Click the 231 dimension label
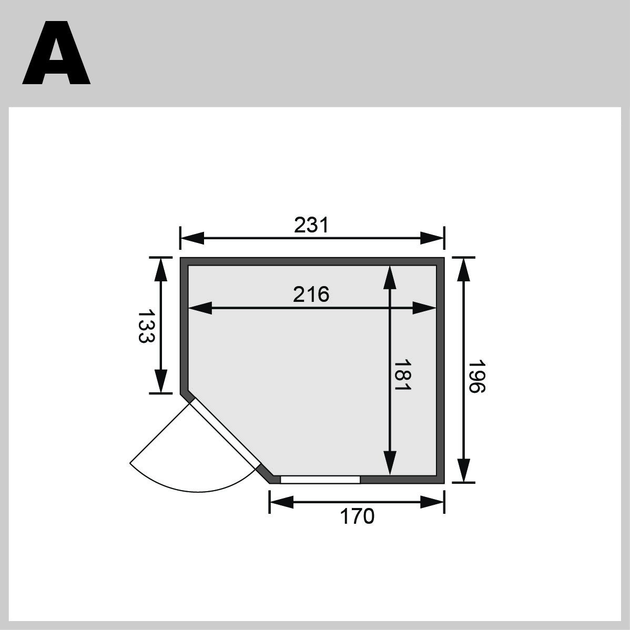click(x=311, y=225)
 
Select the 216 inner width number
click(x=311, y=294)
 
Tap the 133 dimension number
click(x=147, y=326)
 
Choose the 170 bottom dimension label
click(x=357, y=516)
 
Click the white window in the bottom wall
click(x=320, y=479)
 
